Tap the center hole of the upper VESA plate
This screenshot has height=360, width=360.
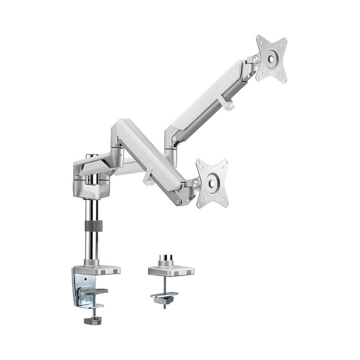coord(271,58)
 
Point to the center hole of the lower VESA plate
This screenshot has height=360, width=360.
coord(212,183)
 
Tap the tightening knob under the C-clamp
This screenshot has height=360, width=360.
coord(93,320)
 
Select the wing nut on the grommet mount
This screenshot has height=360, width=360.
coord(165,300)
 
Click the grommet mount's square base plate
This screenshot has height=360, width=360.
coord(171,271)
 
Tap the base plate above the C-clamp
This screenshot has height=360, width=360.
coord(97,270)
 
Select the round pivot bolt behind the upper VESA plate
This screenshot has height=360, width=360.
coord(255,59)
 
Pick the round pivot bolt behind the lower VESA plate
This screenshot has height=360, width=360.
coord(196,183)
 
